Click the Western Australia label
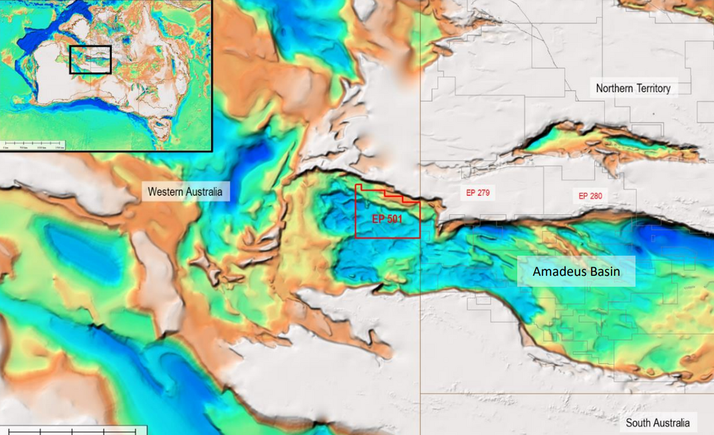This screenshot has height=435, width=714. click(x=185, y=192)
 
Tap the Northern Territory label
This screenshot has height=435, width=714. click(x=633, y=88)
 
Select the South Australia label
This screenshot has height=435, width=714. click(x=657, y=422)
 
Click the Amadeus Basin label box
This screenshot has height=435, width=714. click(x=576, y=271)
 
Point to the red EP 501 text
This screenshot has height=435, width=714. click(x=386, y=218)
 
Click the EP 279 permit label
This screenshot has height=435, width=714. click(x=477, y=193)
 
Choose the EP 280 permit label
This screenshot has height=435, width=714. click(x=590, y=196)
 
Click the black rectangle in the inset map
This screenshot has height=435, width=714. click(x=90, y=59)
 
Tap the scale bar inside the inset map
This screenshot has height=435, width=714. click(x=33, y=144)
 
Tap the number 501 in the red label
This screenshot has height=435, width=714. click(x=394, y=218)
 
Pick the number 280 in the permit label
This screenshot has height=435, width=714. click(x=596, y=196)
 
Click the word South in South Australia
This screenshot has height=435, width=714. click(x=638, y=422)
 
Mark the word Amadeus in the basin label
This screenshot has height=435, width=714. click(x=559, y=271)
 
